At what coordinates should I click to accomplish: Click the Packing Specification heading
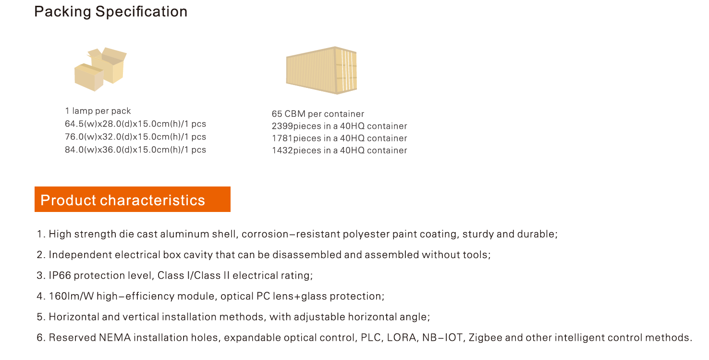111,12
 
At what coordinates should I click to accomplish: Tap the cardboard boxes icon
101,69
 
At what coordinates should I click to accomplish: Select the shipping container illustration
321,70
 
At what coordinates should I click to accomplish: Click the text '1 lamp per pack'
98,111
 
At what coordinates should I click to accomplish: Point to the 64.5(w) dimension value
81,124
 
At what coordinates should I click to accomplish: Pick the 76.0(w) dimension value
81,137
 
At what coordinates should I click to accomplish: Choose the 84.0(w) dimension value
81,150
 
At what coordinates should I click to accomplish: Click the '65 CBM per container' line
318,114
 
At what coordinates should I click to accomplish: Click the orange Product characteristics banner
133,199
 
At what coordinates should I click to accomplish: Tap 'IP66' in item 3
60,275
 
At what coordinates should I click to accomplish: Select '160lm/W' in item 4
71,297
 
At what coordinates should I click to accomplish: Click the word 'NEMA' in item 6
115,337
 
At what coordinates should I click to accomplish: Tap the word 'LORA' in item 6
402,337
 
